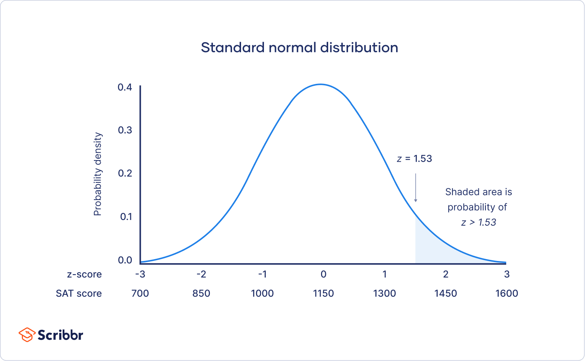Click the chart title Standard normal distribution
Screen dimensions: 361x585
point(299,48)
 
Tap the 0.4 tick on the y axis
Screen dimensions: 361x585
point(125,87)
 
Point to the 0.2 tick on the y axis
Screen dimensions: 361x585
point(125,173)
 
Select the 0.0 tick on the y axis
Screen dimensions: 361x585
point(125,260)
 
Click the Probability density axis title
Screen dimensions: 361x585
point(98,174)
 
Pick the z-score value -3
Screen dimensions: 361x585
point(140,275)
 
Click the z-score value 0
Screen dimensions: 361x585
point(323,275)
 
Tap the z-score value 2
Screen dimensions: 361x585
point(446,275)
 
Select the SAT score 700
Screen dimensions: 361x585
point(140,293)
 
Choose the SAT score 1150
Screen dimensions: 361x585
point(323,293)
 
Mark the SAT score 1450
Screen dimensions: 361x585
point(446,293)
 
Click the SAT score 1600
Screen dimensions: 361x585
point(507,293)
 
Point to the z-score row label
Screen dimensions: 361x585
point(84,275)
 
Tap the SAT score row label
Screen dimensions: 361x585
point(78,293)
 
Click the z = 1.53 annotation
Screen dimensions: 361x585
point(414,159)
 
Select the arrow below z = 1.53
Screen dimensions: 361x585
point(415,188)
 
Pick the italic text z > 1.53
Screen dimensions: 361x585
point(478,223)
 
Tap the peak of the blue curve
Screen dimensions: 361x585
point(320,84)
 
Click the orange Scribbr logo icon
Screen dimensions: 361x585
point(27,335)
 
